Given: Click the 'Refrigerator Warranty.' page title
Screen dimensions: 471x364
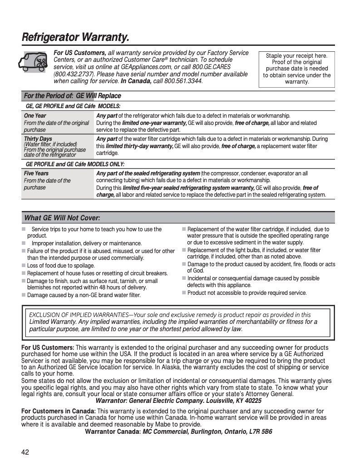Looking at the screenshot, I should point(75,37).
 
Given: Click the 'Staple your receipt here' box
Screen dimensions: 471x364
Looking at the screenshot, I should point(297,69).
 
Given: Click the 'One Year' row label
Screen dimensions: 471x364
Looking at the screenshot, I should point(35,116).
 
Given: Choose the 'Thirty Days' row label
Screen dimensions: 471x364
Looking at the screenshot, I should point(38,139).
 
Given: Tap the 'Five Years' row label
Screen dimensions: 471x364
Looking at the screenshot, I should point(36,174).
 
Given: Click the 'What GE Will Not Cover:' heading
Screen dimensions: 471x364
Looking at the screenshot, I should point(62,218).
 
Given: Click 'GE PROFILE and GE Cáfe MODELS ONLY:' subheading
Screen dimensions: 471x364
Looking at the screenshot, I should point(75,164).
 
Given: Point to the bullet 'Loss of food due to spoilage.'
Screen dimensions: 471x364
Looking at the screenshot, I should point(61,266).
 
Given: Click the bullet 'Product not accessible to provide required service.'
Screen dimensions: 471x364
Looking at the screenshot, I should point(247,293).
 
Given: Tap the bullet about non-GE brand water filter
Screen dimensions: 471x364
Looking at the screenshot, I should point(84,295).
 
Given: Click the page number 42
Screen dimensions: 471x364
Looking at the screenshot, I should point(25,452).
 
